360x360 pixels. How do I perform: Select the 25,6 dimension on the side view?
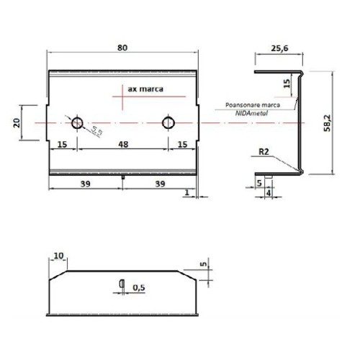click(x=281, y=48)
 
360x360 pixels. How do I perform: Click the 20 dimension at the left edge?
click(x=17, y=123)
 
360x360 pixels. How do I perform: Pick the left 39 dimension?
click(x=85, y=184)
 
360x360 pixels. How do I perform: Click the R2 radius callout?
click(x=265, y=153)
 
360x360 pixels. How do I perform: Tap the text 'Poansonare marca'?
click(x=251, y=104)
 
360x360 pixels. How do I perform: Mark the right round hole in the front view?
click(x=168, y=122)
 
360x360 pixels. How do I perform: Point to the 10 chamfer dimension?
click(x=58, y=256)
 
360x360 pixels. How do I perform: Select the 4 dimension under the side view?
click(x=268, y=192)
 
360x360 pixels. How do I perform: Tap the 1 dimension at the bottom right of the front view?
click(x=186, y=192)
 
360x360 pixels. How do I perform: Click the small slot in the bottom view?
click(x=122, y=282)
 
